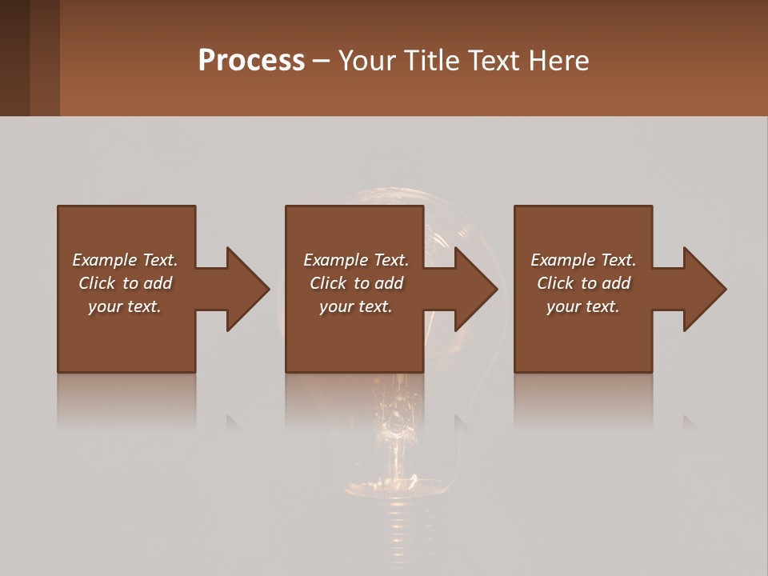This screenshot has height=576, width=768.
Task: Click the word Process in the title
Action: click(x=251, y=61)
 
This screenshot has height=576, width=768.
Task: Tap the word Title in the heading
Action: click(x=433, y=61)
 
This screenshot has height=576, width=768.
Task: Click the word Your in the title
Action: click(x=367, y=61)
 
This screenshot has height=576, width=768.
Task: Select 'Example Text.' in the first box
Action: click(x=125, y=260)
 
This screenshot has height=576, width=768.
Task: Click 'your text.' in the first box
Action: click(x=125, y=306)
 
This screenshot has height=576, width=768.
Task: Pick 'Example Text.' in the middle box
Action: click(x=356, y=260)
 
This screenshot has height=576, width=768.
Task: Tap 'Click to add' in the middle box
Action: click(x=356, y=283)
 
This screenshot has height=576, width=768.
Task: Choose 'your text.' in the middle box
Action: click(x=356, y=306)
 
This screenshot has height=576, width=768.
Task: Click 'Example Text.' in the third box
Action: click(x=583, y=260)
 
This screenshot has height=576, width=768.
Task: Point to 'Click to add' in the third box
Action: click(x=583, y=283)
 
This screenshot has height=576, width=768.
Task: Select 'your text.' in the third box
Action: click(x=583, y=306)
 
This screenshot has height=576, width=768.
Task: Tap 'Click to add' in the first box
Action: click(x=125, y=283)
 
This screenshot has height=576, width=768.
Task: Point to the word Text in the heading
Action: click(x=491, y=61)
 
